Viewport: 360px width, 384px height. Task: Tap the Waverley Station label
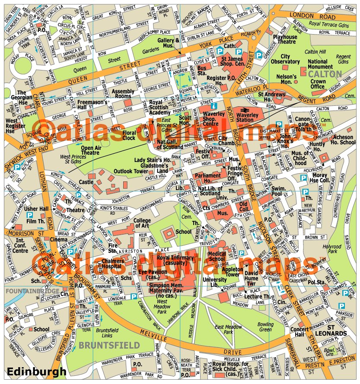247,117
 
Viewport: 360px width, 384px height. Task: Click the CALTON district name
325,74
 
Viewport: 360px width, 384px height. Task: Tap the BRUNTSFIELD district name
109,345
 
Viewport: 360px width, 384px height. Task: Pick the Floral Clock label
129,135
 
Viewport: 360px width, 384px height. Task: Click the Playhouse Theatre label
284,39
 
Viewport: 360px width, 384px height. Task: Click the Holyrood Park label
332,249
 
